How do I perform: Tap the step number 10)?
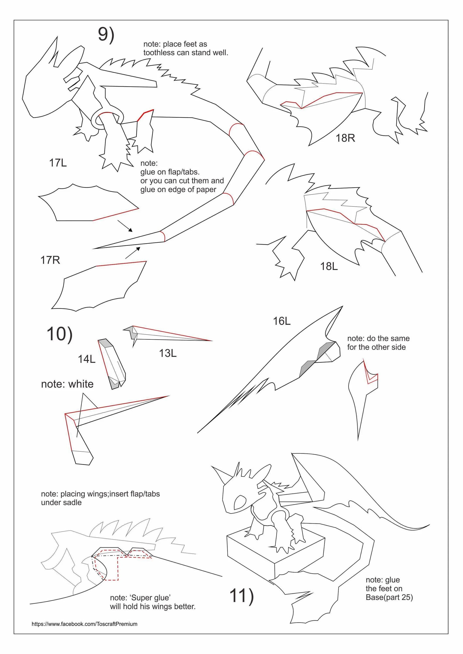coord(60,334)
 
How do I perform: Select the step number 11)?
coord(241,596)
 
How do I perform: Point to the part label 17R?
coord(50,260)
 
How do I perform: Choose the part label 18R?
coord(345,138)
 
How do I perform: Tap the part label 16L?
coord(282,321)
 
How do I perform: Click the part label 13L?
coord(168,353)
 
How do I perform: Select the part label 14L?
coord(87,359)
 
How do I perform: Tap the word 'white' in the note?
coord(81,384)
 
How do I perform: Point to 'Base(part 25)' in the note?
coord(389,597)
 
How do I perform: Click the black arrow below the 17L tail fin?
coord(125,226)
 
